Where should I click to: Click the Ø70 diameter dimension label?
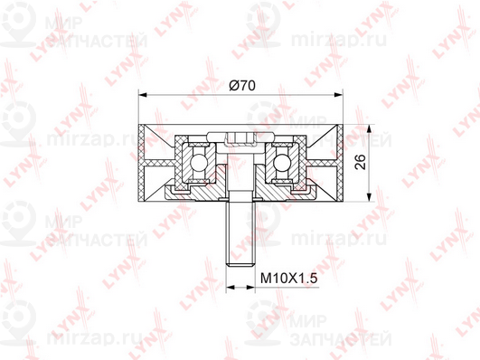pyautogui.click(x=242, y=86)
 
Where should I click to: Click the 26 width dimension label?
pyautogui.click(x=361, y=162)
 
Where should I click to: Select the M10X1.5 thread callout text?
pyautogui.click(x=288, y=279)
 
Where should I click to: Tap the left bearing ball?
pyautogui.click(x=197, y=162)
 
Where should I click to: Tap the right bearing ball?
pyautogui.click(x=283, y=162)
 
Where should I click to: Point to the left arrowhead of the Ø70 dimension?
pyautogui.click(x=143, y=95)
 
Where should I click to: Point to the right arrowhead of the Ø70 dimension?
pyautogui.click(x=338, y=95)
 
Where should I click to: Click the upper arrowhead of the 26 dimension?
pyautogui.click(x=370, y=129)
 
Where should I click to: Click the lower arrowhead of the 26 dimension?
pyautogui.click(x=370, y=197)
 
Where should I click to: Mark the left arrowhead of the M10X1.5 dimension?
pyautogui.click(x=230, y=288)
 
